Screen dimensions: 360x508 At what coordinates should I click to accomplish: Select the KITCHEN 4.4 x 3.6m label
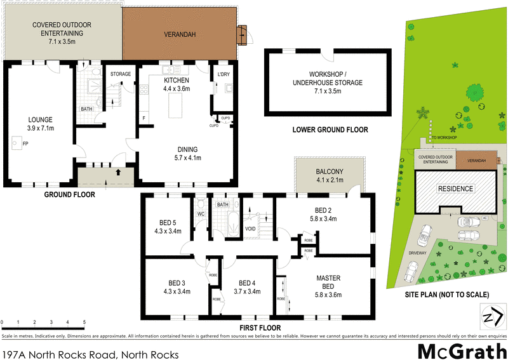[x=177, y=85]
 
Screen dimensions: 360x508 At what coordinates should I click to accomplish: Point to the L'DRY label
[x=223, y=74]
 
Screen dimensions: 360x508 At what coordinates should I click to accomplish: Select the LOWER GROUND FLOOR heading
[x=330, y=130]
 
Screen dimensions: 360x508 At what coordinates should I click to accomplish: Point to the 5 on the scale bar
[x=84, y=323]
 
